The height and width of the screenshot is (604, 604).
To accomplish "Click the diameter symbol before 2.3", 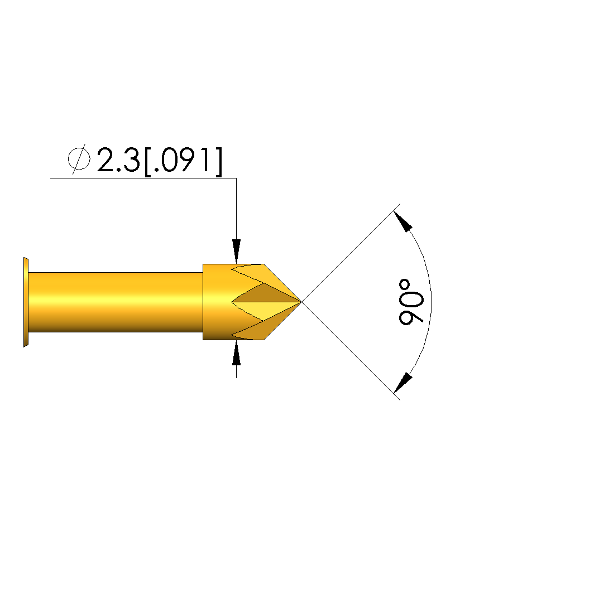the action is [x=79, y=159].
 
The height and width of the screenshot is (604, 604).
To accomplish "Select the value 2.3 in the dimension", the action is [x=118, y=160].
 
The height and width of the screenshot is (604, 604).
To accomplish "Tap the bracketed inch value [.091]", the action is [x=184, y=161].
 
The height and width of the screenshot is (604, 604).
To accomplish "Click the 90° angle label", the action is [x=411, y=302].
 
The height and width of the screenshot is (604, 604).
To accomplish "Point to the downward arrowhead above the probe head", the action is [x=236, y=251].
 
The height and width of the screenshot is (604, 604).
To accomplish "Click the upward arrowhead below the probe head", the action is [x=236, y=353].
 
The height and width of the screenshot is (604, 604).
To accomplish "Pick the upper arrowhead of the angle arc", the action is [x=403, y=221].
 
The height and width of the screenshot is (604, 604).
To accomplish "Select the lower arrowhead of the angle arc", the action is [x=403, y=383].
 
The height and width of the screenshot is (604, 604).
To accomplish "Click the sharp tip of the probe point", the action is [x=301, y=302].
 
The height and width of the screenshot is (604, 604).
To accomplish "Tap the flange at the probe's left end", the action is [x=26, y=302].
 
